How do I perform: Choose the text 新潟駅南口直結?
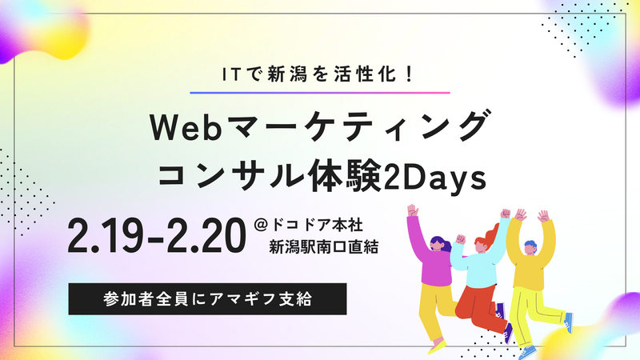[323, 247]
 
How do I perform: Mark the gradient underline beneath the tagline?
[320, 94]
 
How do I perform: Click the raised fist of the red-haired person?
[506, 214]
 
